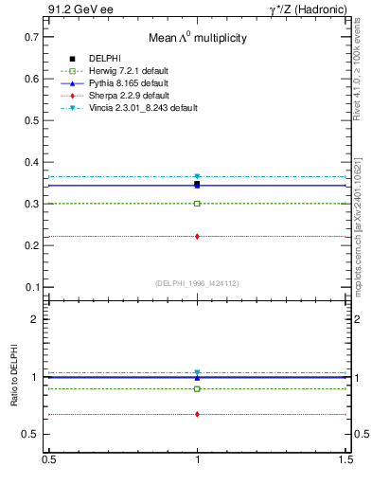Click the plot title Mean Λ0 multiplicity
[197, 39]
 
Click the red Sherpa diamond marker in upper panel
[197, 236]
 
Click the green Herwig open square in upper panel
[197, 204]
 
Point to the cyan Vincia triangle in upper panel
[197, 177]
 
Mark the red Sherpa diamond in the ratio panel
[197, 414]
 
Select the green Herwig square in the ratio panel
[197, 388]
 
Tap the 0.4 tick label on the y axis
[29, 162]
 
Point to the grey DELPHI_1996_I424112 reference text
[197, 282]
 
